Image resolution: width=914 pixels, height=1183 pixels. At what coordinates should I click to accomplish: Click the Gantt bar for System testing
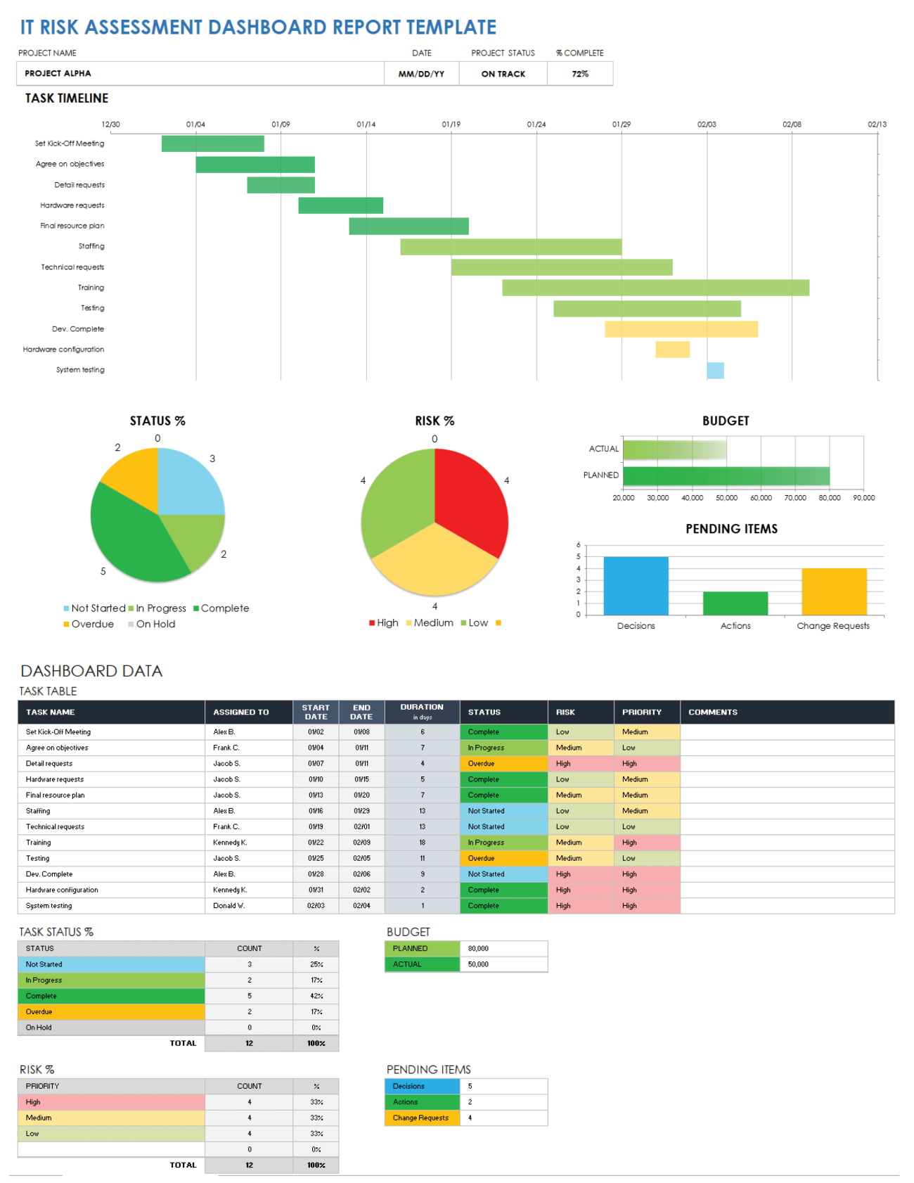(x=715, y=371)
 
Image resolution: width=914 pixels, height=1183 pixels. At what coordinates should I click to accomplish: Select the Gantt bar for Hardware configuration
(x=672, y=350)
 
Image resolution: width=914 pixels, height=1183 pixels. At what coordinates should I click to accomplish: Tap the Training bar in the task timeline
(x=655, y=288)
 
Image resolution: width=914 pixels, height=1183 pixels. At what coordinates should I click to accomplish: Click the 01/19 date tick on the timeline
(x=451, y=124)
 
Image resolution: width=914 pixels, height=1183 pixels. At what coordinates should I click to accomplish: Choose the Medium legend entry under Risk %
(x=432, y=623)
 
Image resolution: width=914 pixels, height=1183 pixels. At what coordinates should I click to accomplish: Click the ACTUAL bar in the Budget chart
(x=674, y=449)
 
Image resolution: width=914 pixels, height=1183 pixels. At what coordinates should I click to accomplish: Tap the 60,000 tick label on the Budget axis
(x=761, y=498)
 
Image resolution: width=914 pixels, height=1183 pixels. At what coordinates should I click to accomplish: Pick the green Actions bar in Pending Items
(x=735, y=603)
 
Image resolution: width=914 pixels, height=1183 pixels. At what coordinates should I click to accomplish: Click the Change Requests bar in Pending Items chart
(x=834, y=591)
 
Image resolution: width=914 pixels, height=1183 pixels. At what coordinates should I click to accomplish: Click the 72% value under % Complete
(x=580, y=74)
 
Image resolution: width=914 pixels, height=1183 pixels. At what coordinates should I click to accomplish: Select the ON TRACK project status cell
(x=503, y=74)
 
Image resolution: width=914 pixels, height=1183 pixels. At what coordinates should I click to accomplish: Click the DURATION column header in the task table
(x=422, y=711)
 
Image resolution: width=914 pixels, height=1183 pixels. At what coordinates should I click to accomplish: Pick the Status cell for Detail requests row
(x=503, y=764)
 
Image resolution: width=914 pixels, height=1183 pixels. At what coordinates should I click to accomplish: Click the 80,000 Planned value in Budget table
(x=479, y=949)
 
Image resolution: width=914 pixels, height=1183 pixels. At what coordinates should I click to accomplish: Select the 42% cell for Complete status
(x=316, y=996)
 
